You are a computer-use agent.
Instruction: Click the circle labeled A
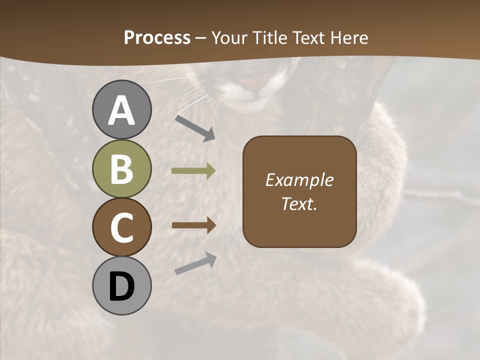(x=122, y=109)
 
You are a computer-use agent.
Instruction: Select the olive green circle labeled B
(x=122, y=168)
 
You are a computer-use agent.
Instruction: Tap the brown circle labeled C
(x=122, y=227)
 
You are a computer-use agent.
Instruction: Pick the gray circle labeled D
(x=122, y=286)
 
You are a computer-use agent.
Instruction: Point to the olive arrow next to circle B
(x=194, y=171)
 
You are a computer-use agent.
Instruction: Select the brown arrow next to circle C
(x=194, y=225)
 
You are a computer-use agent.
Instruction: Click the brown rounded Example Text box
(x=299, y=191)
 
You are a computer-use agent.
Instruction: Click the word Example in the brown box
(x=299, y=180)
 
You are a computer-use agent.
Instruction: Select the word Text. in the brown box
(x=299, y=203)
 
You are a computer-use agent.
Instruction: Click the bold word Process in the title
(x=157, y=37)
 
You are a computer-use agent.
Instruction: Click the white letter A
(x=122, y=110)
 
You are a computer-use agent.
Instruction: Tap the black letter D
(x=122, y=287)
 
